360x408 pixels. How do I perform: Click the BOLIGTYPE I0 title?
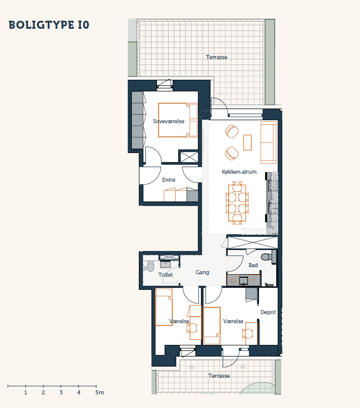pos(49,25)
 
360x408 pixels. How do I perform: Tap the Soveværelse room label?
pos(169,121)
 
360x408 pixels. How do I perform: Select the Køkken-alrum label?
pos(239,172)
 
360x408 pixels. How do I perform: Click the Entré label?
pos(169,180)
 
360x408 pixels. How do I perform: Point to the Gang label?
pos(202,272)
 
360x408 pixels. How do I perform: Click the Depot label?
pos(268,312)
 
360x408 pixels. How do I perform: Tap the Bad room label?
pos(253,265)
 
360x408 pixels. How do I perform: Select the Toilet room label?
pos(166,275)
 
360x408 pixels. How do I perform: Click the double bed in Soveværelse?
pos(178,120)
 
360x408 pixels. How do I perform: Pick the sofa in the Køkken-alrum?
pos(269,142)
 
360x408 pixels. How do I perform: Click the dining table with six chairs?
pos(237,203)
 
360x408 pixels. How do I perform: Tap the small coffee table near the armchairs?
pos(247,142)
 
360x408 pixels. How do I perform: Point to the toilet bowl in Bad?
pos(266,257)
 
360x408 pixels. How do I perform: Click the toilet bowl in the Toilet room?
pos(150,266)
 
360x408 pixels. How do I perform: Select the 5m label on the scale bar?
pos(99,392)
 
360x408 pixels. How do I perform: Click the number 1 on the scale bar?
pos(25,392)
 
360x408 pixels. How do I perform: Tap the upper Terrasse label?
pos(217,57)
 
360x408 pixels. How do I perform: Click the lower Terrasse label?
pos(219,376)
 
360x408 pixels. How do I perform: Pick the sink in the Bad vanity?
pos(243,281)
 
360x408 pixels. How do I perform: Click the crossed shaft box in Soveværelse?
pos(189,157)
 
